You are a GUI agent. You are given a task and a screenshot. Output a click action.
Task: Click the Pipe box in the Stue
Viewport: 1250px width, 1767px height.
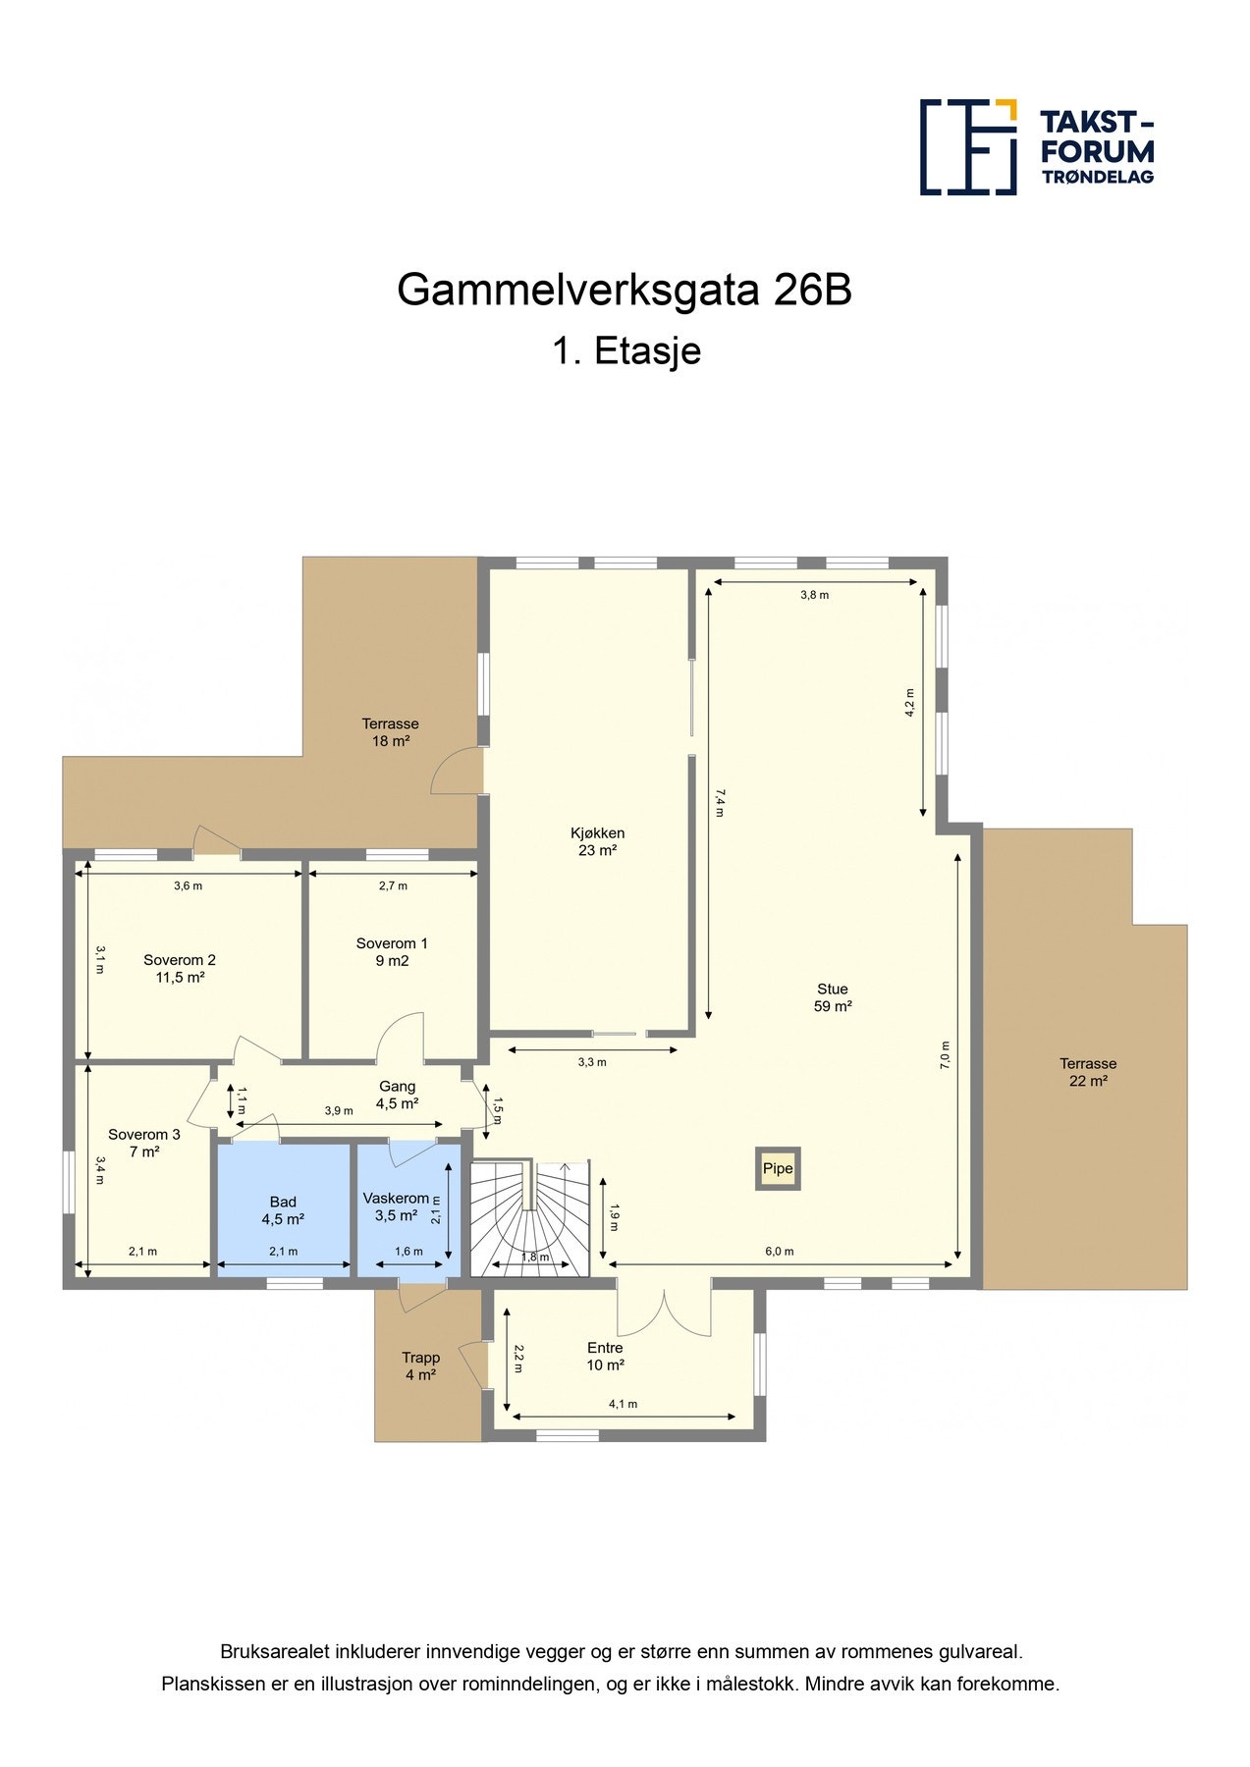coord(778,1168)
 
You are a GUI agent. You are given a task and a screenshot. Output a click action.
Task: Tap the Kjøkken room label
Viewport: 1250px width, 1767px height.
coord(597,841)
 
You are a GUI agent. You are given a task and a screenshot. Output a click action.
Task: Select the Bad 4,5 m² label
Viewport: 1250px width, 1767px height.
coord(283,1210)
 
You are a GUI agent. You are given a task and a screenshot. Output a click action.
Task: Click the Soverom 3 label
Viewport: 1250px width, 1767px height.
coord(144,1143)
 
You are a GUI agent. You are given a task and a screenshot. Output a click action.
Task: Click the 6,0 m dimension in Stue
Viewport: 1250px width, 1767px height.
coord(780,1252)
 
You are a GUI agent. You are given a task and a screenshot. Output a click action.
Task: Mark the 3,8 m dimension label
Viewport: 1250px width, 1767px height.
coord(814,595)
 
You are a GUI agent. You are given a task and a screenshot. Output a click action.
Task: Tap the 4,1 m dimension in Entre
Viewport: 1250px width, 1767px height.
coord(623,1404)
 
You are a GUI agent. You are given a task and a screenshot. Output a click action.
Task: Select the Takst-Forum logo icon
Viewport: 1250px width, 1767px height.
coord(967,147)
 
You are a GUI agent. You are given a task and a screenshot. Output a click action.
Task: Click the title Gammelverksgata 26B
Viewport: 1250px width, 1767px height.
coord(624,290)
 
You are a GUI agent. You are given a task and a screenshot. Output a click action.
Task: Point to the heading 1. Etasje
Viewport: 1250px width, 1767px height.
coord(626,350)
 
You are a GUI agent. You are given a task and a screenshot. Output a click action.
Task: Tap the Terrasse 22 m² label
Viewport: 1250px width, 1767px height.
coord(1088,1072)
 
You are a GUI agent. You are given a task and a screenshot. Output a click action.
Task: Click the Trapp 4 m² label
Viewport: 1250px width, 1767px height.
coord(420,1366)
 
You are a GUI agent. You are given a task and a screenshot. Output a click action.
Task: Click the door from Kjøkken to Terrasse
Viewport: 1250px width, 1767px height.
coord(457,772)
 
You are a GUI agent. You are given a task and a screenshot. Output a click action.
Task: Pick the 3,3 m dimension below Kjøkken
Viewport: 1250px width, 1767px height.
coord(592,1062)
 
